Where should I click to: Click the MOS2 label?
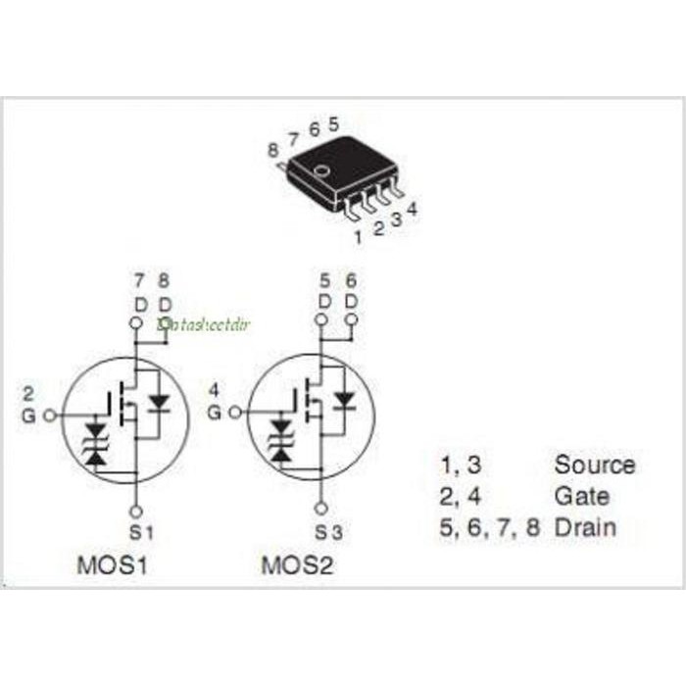coord(297,565)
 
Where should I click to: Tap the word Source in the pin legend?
coord(594,465)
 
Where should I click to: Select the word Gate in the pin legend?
coord(581,496)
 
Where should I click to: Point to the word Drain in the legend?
coord(585,527)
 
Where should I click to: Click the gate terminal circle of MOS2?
coord(234,413)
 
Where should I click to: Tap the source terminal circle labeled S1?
coord(136,511)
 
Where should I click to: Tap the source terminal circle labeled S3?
coord(320,510)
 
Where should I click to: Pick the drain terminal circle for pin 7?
coord(136,322)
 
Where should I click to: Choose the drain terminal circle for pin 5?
coord(320,320)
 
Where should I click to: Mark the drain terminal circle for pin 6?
coord(351,320)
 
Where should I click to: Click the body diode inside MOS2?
coord(343,400)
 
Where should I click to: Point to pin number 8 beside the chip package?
coord(272,149)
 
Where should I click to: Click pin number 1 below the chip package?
coord(358,236)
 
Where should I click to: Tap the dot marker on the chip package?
coord(319,173)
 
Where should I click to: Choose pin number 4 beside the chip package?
coord(413,209)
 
